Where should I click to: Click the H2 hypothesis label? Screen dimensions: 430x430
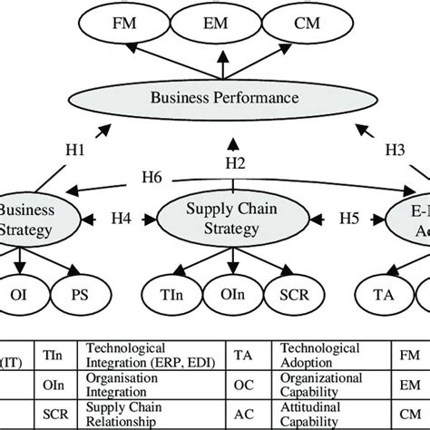tap(235, 162)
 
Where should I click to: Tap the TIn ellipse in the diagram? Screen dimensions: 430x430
tap(171, 295)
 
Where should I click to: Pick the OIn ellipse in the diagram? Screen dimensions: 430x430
tap(230, 295)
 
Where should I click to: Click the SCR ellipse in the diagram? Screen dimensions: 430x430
tap(290, 295)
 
